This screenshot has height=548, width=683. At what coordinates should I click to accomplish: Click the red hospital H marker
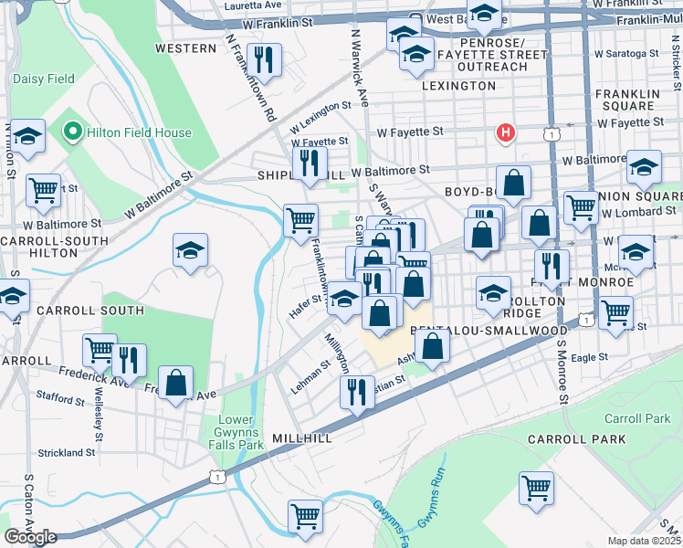tap(504, 133)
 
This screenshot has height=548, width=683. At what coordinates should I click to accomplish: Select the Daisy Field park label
tap(44, 79)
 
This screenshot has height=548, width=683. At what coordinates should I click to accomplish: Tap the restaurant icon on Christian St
tap(357, 392)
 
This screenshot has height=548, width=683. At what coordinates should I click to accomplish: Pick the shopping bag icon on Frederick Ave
tap(176, 383)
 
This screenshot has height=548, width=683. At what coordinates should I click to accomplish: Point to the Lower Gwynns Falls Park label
tap(240, 432)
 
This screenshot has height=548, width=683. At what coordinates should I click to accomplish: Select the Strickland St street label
tap(67, 452)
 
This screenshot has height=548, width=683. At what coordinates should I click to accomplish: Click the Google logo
tap(30, 537)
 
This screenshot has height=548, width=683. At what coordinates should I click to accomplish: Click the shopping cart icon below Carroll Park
tap(536, 487)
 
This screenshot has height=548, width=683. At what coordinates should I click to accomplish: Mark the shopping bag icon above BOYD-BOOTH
tap(514, 182)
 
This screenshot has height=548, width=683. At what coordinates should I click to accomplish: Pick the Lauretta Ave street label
tap(252, 5)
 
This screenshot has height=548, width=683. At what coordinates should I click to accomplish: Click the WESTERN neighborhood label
tap(185, 47)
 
